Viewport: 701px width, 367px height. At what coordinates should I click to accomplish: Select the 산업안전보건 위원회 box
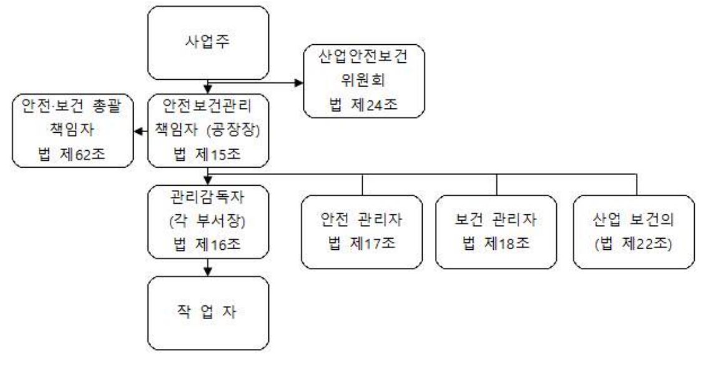click(365, 80)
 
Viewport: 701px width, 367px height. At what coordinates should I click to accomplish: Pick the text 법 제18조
click(496, 242)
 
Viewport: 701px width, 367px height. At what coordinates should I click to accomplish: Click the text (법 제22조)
click(633, 242)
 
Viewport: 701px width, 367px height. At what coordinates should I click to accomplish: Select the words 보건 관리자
click(496, 221)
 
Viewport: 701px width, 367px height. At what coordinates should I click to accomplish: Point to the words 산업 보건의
click(633, 221)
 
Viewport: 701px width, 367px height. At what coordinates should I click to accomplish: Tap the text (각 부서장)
click(207, 222)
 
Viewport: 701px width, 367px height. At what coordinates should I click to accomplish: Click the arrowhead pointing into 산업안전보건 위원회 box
click(299, 80)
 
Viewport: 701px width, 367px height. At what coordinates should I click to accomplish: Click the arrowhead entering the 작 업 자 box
click(207, 272)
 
